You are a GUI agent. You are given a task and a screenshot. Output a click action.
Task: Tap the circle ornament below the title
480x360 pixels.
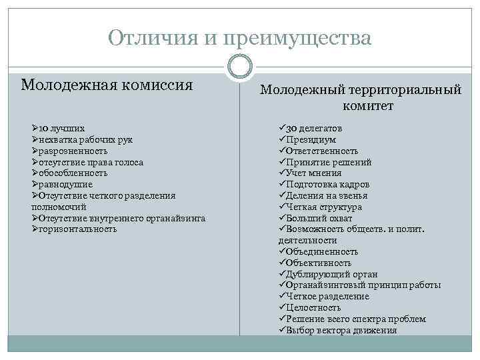pos(240,66)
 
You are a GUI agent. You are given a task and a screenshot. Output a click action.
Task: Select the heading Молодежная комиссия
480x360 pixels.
pos(107,85)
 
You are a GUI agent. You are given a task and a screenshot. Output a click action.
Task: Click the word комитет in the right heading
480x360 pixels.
pos(369,105)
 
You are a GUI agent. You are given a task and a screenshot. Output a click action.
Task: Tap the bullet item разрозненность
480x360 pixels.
pos(73,151)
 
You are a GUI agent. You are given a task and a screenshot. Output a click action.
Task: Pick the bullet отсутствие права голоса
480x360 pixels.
pos(91,162)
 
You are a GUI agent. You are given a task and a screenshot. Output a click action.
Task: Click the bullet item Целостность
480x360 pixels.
pos(313,307)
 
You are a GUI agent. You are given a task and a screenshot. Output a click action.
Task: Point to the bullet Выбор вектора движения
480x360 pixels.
pos(341,330)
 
